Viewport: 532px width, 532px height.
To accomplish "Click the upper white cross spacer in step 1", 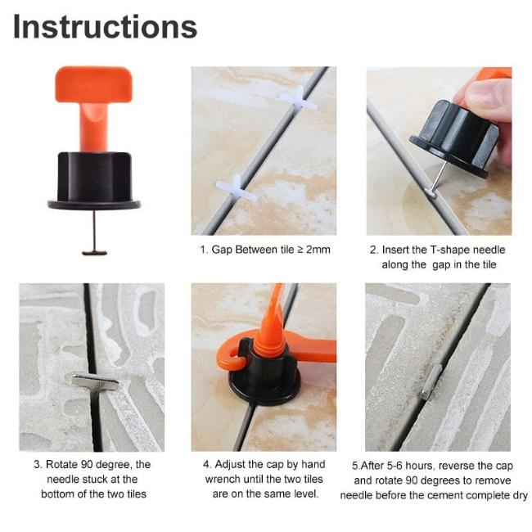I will coord(300,100).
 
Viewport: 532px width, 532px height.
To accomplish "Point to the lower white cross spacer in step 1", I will coord(236,187).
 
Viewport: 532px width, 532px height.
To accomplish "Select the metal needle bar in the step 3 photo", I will coord(94,381).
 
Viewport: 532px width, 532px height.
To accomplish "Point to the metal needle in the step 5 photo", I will coord(431,381).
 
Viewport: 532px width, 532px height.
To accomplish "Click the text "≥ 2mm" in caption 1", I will coord(313,250).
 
